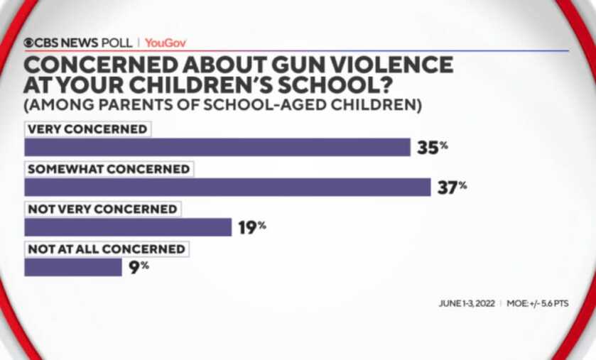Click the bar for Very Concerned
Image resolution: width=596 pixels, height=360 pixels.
217,147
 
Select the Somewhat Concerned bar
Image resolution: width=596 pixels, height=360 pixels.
227,187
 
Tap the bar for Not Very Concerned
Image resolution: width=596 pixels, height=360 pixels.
128,227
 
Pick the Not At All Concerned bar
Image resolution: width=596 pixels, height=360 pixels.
73,267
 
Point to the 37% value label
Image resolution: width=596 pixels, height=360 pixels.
452,187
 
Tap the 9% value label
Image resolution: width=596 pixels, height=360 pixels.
140,266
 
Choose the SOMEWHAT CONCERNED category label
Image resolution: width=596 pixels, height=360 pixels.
109,169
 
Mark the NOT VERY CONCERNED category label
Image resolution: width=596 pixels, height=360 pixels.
102,209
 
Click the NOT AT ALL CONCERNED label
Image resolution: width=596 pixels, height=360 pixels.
107,249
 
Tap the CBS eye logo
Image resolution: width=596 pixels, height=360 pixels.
29,43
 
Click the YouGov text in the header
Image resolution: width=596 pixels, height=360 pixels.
166,43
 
